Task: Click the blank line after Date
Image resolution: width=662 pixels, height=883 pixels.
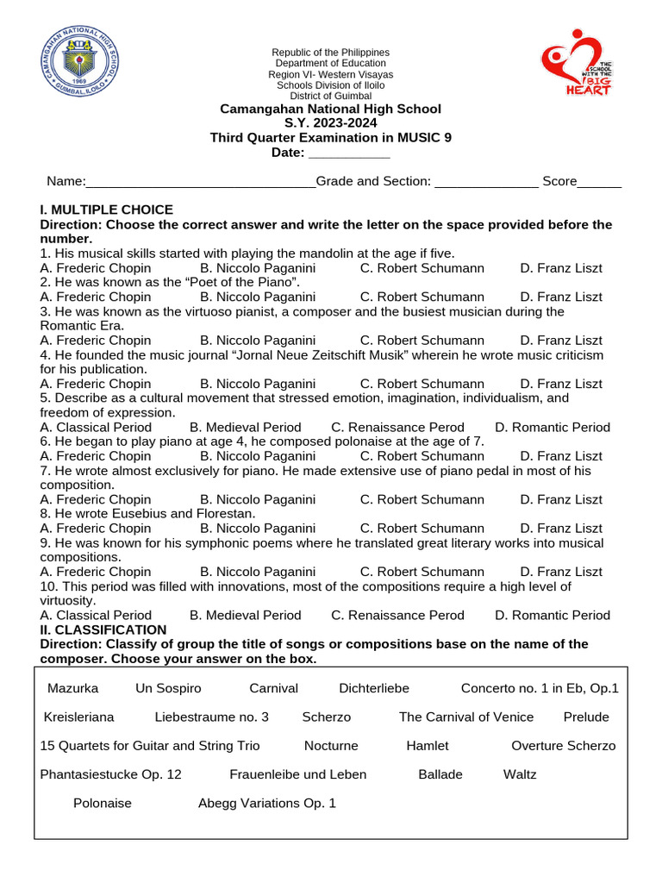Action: tap(349, 153)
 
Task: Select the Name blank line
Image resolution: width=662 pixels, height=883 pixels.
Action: tap(201, 182)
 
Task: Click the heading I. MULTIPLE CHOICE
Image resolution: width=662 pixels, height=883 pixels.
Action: tap(107, 210)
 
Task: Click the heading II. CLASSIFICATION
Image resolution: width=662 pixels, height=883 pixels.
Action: tap(103, 629)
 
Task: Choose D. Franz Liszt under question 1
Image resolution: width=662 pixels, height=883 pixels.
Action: tap(561, 268)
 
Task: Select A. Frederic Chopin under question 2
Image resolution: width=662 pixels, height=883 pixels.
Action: tap(96, 297)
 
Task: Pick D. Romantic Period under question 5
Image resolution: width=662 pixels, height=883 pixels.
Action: tap(553, 427)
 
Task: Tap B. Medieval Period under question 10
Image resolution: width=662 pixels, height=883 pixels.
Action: tap(246, 615)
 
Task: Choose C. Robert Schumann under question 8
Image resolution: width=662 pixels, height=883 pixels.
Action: tap(422, 528)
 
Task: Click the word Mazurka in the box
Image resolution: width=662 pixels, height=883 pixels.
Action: tap(73, 688)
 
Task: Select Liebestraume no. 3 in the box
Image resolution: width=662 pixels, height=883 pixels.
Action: tap(212, 717)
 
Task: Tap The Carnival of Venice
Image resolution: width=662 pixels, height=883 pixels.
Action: tap(466, 717)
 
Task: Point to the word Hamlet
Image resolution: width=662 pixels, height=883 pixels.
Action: tap(428, 746)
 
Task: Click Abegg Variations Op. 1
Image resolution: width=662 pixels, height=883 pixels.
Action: tap(267, 803)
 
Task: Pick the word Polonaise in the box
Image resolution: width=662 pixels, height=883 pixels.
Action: tap(103, 803)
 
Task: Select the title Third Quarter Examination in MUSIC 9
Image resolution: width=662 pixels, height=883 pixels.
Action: tap(331, 138)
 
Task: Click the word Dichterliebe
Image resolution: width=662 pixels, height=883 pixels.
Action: tap(374, 688)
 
